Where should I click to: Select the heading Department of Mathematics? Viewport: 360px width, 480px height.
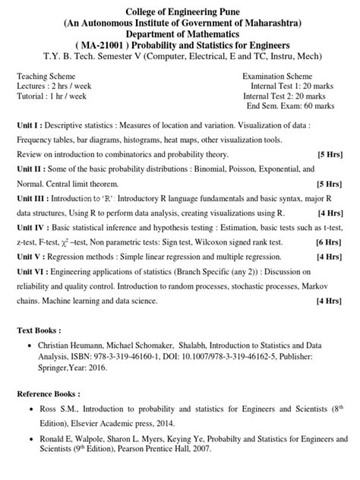click(180, 34)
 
